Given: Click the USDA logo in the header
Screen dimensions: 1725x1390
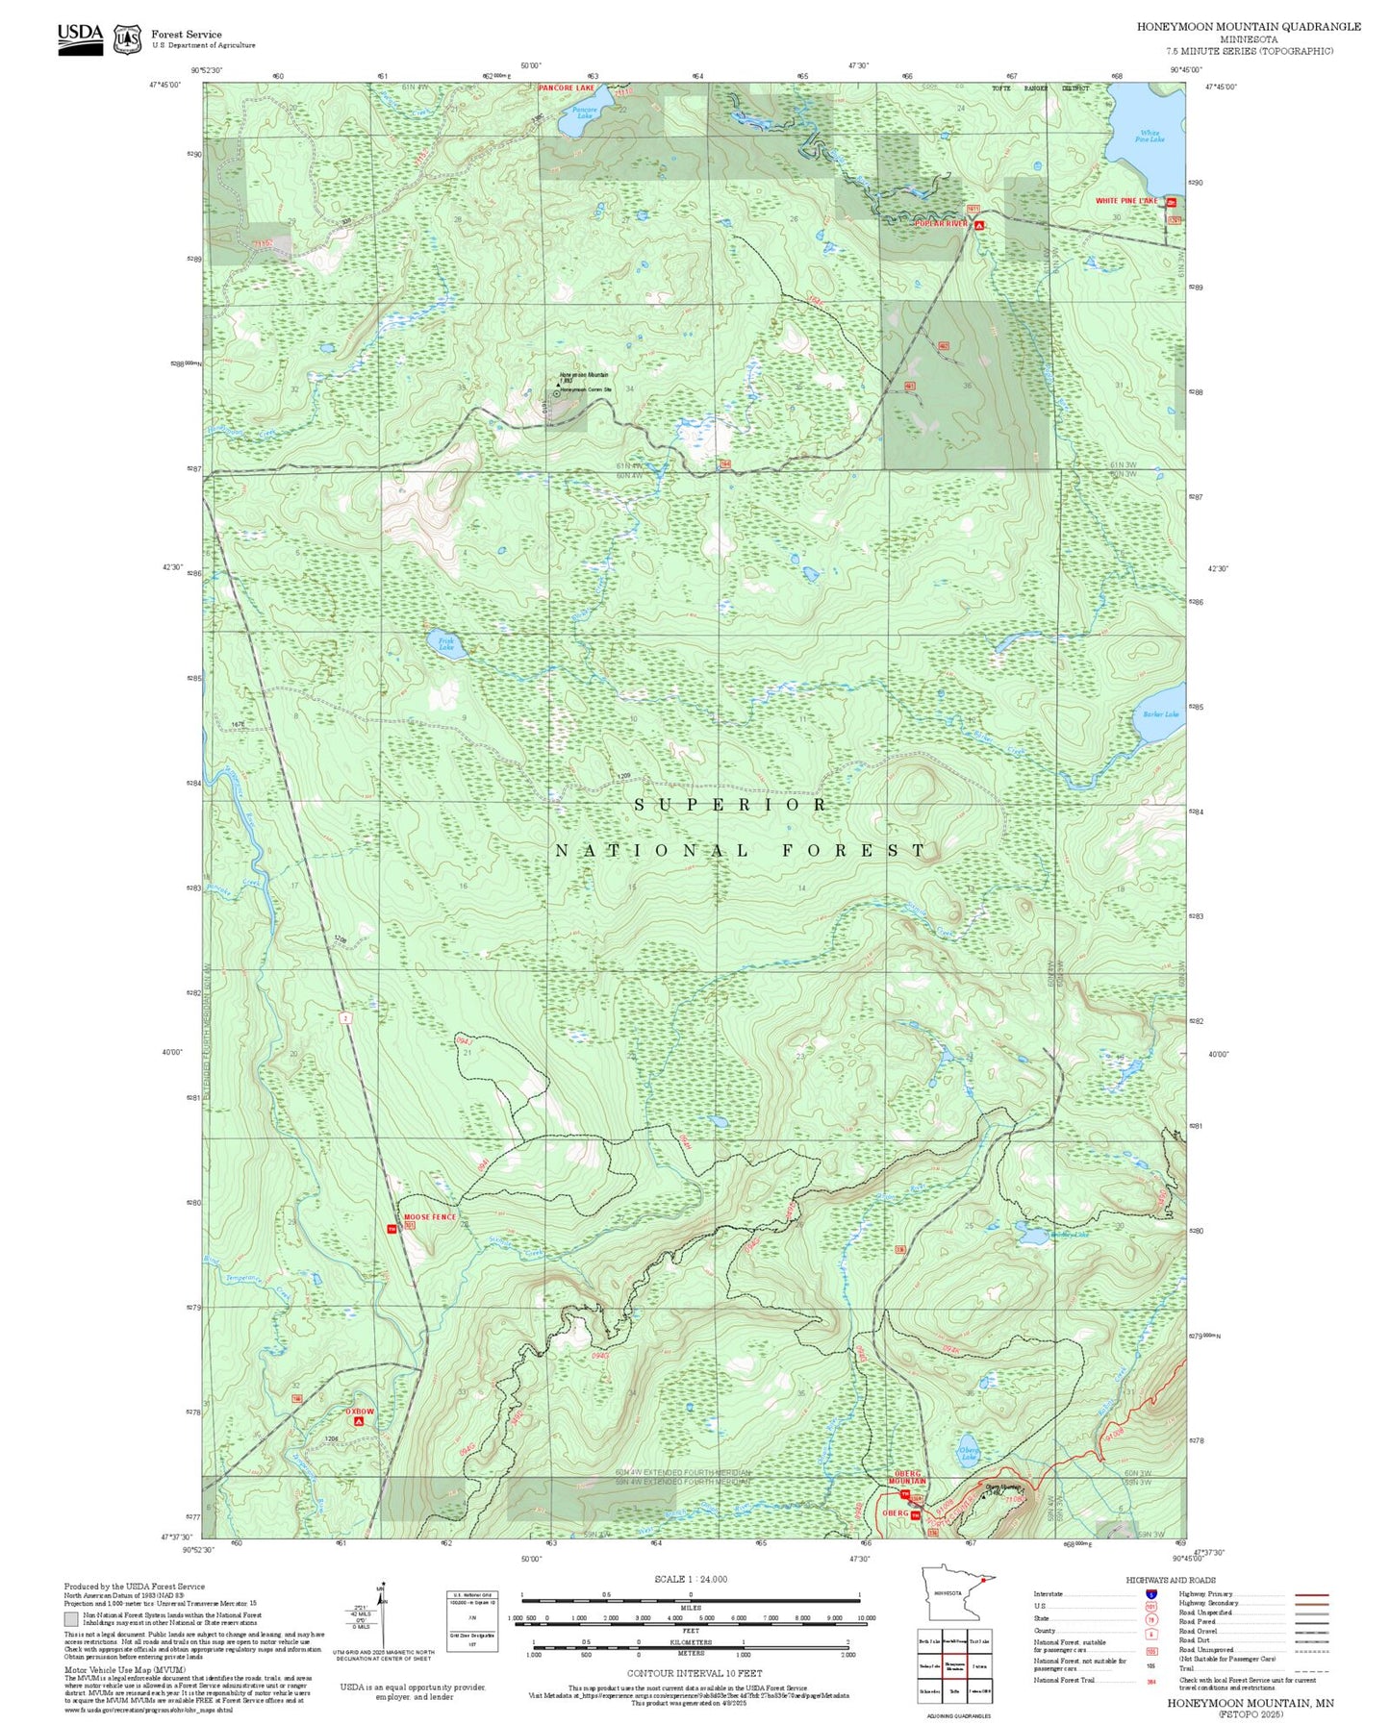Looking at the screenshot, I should click(x=80, y=38).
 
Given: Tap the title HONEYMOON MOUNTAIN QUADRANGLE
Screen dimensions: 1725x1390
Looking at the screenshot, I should click(x=1248, y=27).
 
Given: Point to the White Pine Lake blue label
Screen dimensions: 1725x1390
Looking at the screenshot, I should click(x=1150, y=137).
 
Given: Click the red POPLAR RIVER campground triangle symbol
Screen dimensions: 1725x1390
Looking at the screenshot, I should click(x=979, y=225).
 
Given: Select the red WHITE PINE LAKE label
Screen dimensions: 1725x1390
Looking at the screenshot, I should click(x=1126, y=201).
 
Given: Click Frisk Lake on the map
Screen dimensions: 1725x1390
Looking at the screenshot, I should click(x=448, y=645).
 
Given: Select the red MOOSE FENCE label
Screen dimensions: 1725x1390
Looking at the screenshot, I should click(x=429, y=1217).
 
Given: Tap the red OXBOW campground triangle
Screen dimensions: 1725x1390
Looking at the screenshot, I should click(x=359, y=1420).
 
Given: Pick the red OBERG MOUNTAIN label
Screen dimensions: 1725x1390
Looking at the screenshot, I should click(x=906, y=1477).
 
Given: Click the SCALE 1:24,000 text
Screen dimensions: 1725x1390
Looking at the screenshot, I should click(x=691, y=1579).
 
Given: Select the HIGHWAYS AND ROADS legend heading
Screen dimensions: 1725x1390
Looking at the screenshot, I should click(x=1171, y=1580).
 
